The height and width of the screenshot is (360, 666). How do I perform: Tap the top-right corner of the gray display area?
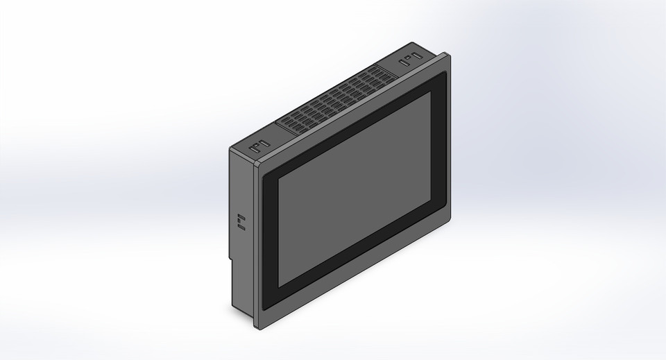tap(429, 92)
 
